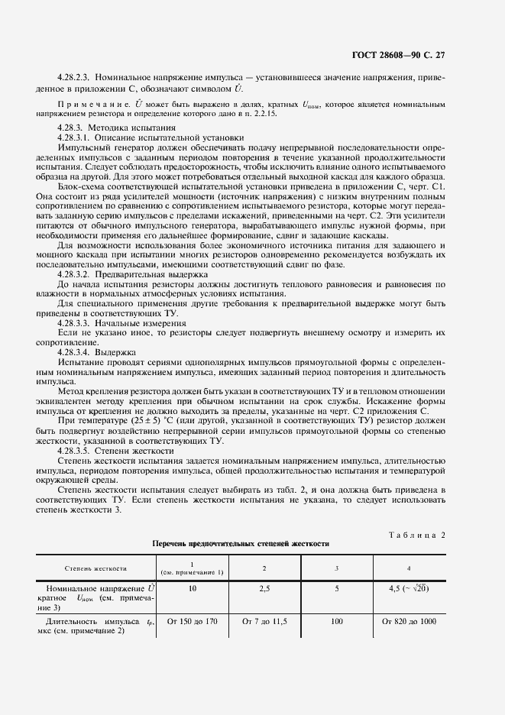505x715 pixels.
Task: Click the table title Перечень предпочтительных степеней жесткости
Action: tap(241, 544)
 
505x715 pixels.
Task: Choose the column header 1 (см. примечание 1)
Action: tap(192, 568)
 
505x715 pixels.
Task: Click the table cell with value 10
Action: tap(192, 589)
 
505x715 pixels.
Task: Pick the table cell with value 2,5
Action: tap(264, 589)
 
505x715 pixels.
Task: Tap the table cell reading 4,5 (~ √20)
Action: tap(409, 589)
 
